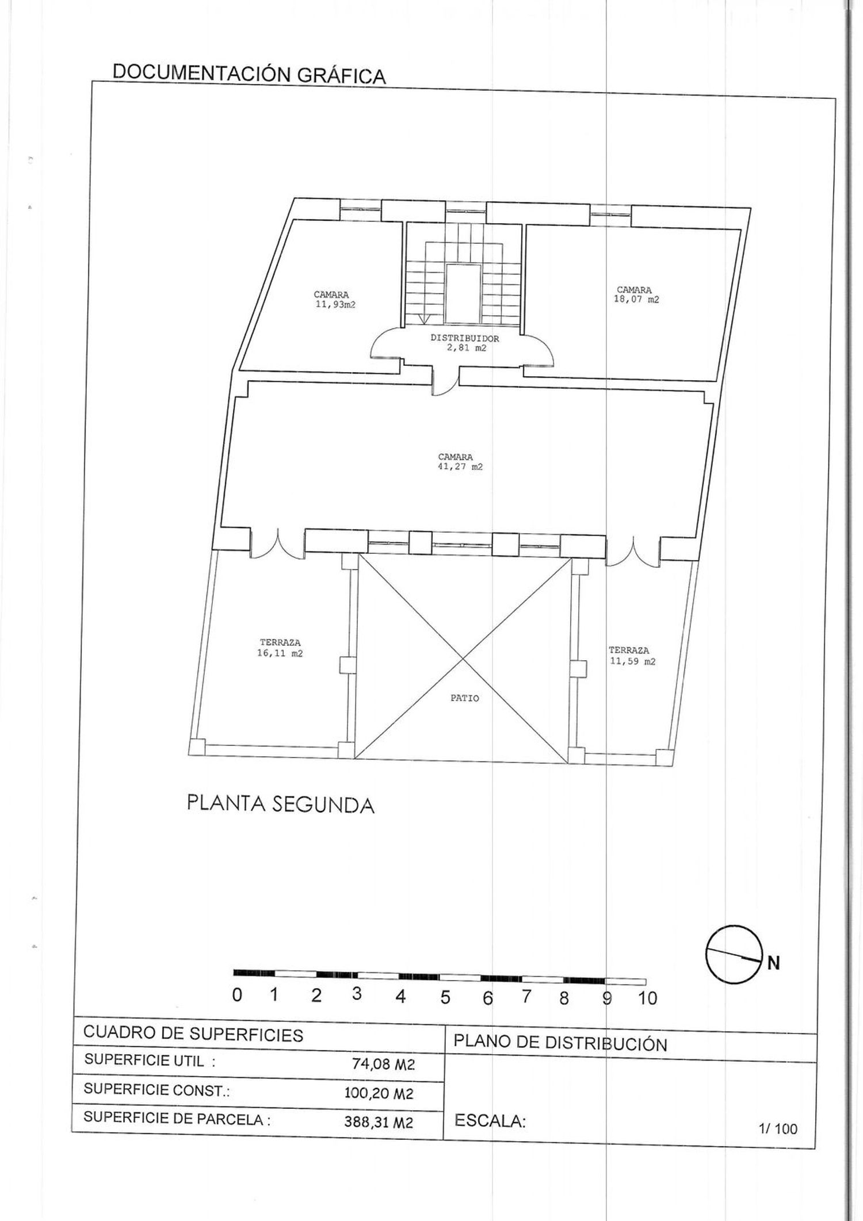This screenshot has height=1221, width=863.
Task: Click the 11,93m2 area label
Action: tap(335, 305)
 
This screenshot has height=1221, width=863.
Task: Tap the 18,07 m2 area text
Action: tap(636, 300)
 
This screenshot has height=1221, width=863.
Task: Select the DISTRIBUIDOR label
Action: tap(465, 339)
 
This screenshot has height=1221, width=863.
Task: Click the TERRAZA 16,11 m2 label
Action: tap(280, 648)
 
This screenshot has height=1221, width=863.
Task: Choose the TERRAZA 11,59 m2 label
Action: tap(632, 656)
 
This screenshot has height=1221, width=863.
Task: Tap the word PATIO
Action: tap(465, 699)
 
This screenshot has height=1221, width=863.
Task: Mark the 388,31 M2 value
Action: tap(379, 1122)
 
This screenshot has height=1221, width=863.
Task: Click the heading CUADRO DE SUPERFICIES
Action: tap(193, 1034)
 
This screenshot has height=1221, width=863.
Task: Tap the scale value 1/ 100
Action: tap(778, 1128)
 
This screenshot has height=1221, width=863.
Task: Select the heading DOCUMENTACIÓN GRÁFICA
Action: tap(249, 74)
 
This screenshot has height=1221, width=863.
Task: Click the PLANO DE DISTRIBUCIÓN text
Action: tap(560, 1043)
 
